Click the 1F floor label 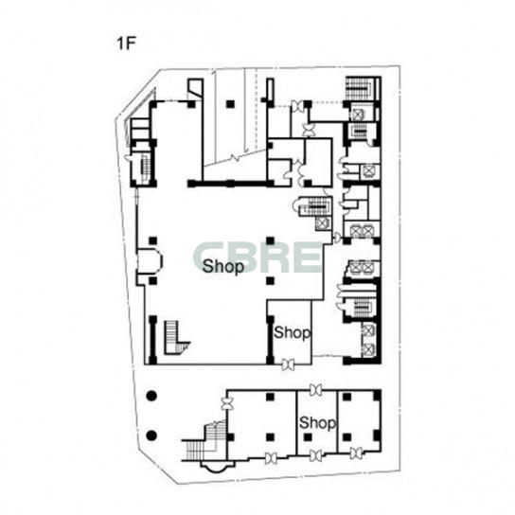(x=126, y=43)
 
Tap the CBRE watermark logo (x=257, y=257)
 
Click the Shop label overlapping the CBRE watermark (x=223, y=266)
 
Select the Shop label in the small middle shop (x=292, y=332)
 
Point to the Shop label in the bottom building (x=317, y=423)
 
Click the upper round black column (x=151, y=396)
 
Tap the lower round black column (x=151, y=435)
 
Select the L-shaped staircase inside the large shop (x=174, y=338)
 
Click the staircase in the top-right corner (x=359, y=88)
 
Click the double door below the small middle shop (x=289, y=364)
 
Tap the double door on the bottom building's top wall (x=315, y=390)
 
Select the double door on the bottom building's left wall (x=227, y=403)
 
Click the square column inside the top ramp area (x=230, y=104)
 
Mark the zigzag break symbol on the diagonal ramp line (x=236, y=157)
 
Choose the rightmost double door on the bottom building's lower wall (x=356, y=453)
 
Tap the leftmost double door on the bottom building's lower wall (x=271, y=458)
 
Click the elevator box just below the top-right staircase (x=357, y=115)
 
